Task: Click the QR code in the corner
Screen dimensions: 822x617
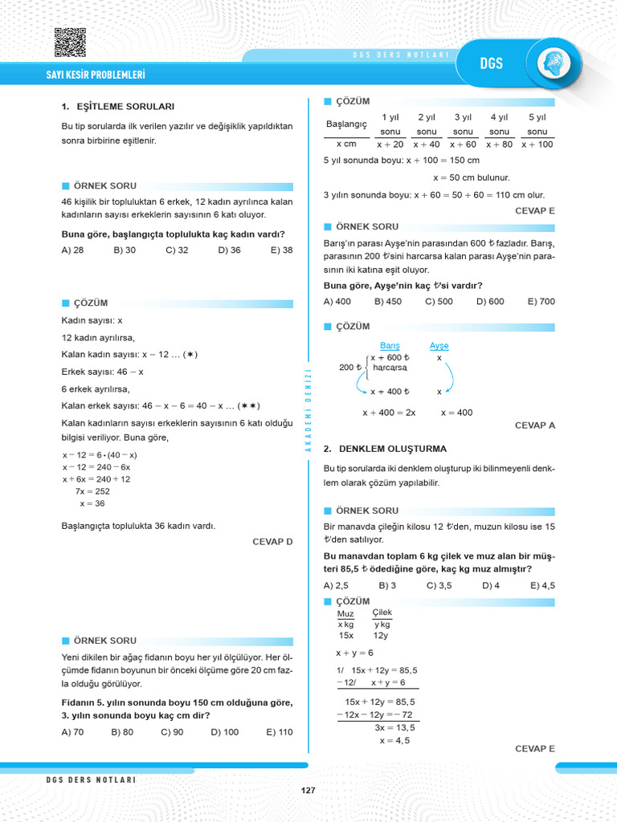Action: click(x=70, y=43)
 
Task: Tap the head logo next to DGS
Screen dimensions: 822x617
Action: click(x=554, y=63)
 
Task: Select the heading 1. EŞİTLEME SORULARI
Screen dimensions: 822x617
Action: click(x=117, y=106)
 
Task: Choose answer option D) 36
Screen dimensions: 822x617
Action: click(x=229, y=250)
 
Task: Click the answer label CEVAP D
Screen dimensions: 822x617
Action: click(x=272, y=542)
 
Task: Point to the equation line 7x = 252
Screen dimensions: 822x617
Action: click(x=92, y=490)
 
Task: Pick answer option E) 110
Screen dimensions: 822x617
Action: click(x=279, y=732)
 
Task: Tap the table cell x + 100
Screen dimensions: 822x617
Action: click(x=537, y=144)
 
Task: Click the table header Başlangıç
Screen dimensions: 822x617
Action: click(x=346, y=124)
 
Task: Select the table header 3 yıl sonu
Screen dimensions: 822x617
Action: click(x=463, y=124)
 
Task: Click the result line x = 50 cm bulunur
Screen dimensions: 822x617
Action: click(x=472, y=177)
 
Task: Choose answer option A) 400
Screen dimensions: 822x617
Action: click(x=337, y=301)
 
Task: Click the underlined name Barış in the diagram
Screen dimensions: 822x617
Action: click(x=390, y=345)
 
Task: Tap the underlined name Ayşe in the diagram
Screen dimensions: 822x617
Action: click(x=439, y=345)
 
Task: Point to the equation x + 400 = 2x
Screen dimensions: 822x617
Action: click(x=389, y=413)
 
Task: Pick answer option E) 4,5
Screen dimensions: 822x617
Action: click(x=542, y=585)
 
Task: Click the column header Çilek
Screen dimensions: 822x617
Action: click(x=382, y=612)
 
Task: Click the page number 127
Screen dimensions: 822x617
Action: click(x=308, y=791)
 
